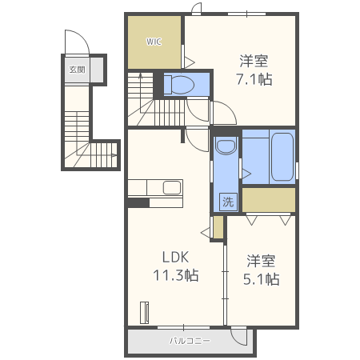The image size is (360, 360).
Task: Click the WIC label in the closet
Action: [154, 42]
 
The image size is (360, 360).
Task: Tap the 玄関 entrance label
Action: [77, 70]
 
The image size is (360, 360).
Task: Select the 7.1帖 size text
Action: [254, 79]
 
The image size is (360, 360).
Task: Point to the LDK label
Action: [175, 257]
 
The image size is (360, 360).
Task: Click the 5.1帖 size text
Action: [261, 279]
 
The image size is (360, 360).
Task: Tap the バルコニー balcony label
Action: [190, 341]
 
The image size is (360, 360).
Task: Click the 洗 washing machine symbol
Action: [228, 202]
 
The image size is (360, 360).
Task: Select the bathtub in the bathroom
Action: [282, 157]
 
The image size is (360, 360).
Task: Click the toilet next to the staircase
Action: [179, 85]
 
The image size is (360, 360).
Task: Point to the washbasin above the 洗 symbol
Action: [226, 146]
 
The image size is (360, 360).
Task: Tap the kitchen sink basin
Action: [172, 187]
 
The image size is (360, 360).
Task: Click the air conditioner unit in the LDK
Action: [144, 313]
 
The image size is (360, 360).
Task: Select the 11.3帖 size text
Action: [176, 275]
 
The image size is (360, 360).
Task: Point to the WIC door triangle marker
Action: [190, 62]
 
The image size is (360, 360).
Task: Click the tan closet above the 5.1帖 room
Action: [269, 200]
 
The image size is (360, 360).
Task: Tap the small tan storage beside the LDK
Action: [218, 227]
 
